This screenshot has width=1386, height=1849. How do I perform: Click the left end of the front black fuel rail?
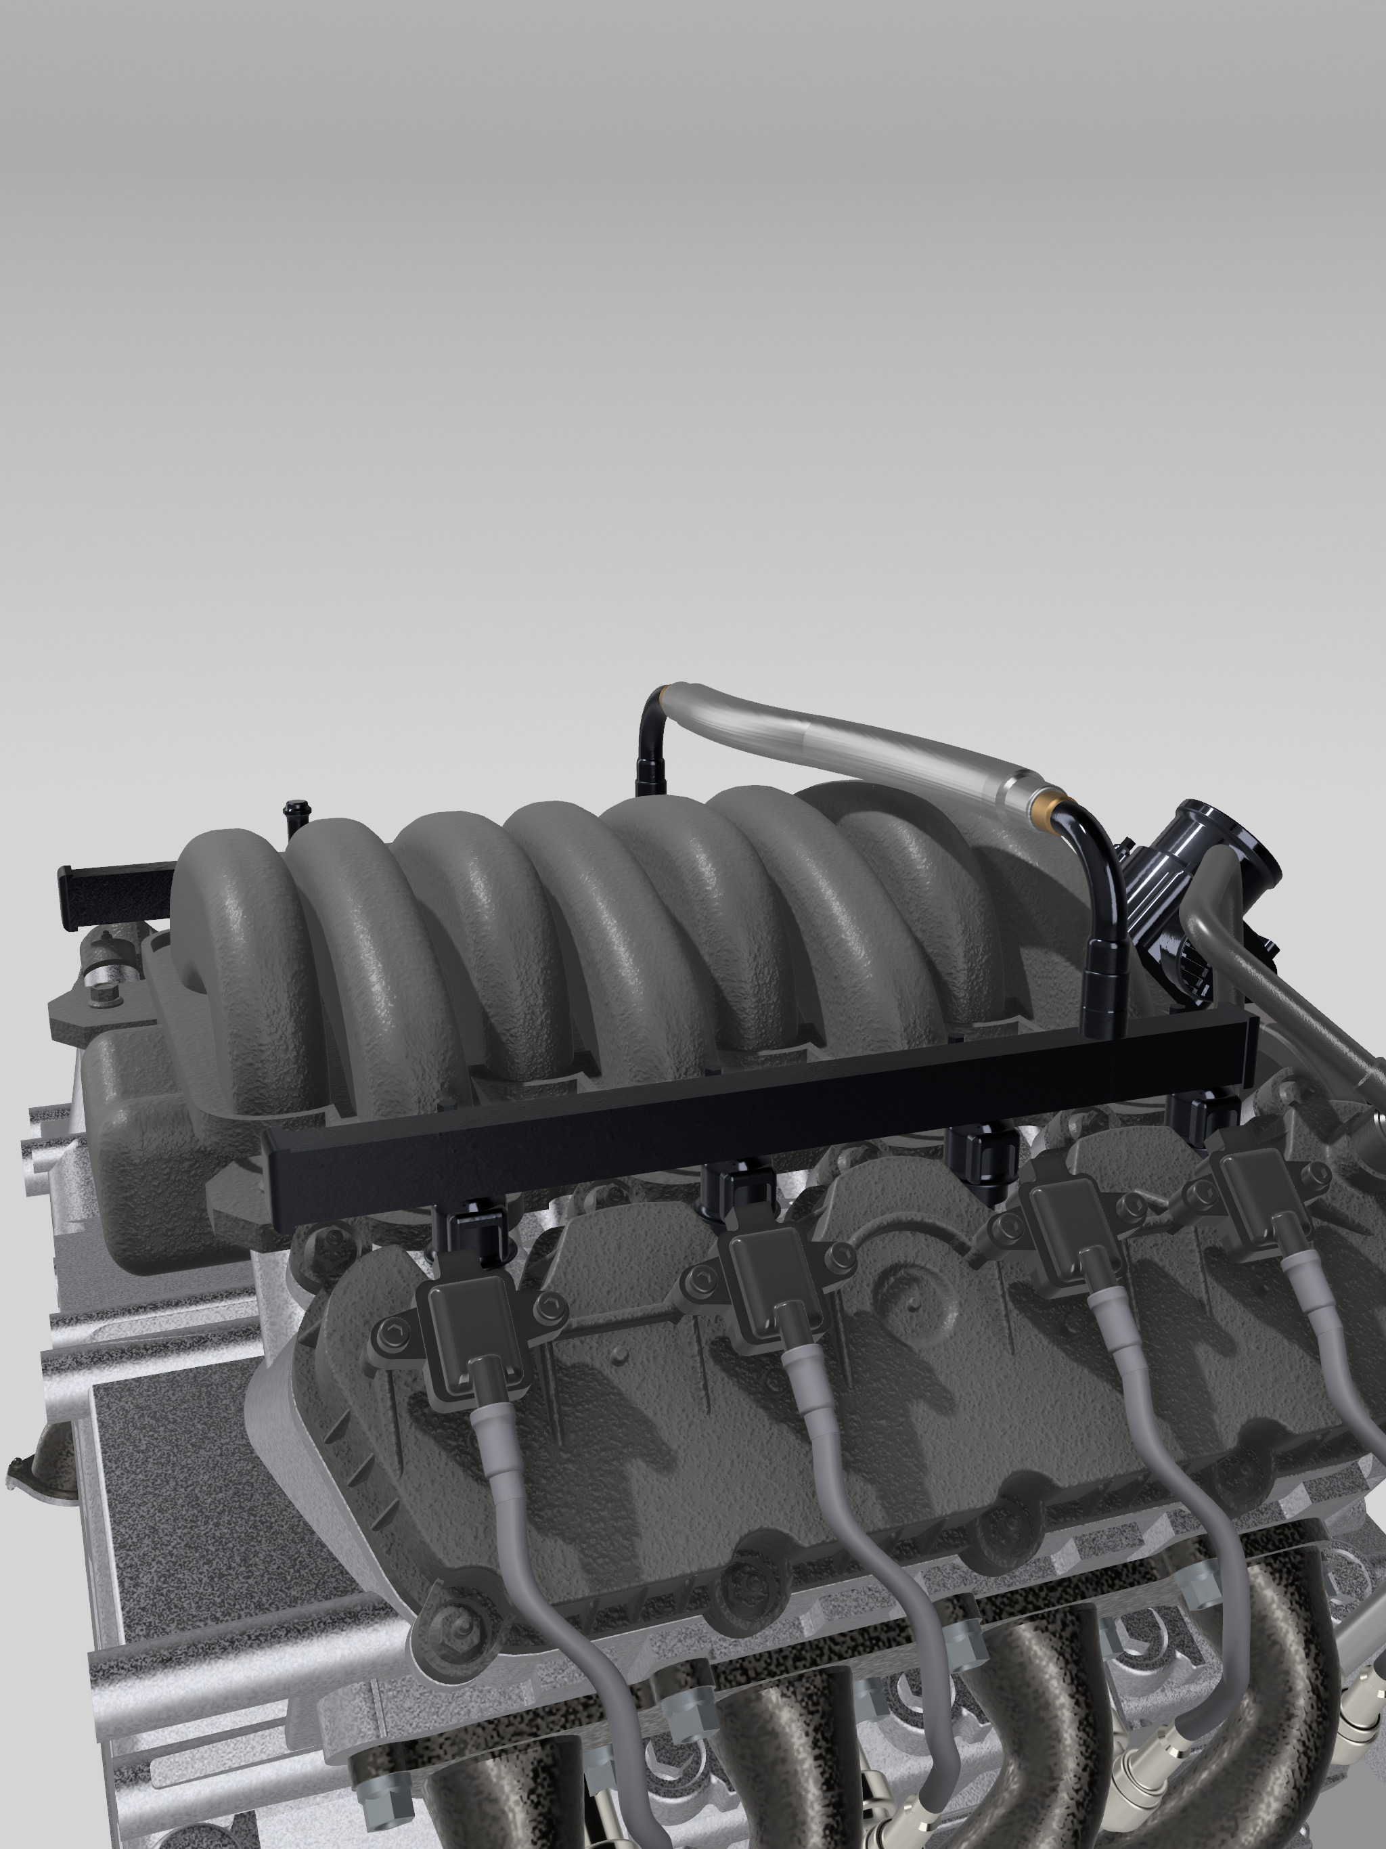[276, 1181]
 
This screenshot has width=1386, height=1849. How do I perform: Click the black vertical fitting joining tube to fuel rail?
[1103, 986]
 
